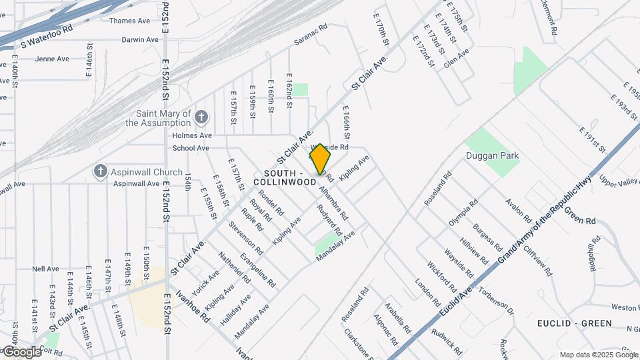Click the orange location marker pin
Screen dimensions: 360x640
(x=321, y=159)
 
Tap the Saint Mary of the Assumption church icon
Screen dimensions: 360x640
(x=202, y=117)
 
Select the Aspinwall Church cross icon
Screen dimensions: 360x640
(x=100, y=172)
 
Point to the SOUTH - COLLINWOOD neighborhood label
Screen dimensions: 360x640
(x=285, y=177)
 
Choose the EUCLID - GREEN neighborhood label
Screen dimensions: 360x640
(x=574, y=323)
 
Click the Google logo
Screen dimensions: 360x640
(x=21, y=352)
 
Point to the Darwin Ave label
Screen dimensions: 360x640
(x=140, y=39)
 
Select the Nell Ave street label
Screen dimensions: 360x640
(x=45, y=269)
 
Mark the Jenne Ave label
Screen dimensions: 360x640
(x=52, y=59)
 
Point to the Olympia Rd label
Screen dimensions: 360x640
(x=463, y=213)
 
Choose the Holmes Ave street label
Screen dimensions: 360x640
(x=191, y=135)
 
